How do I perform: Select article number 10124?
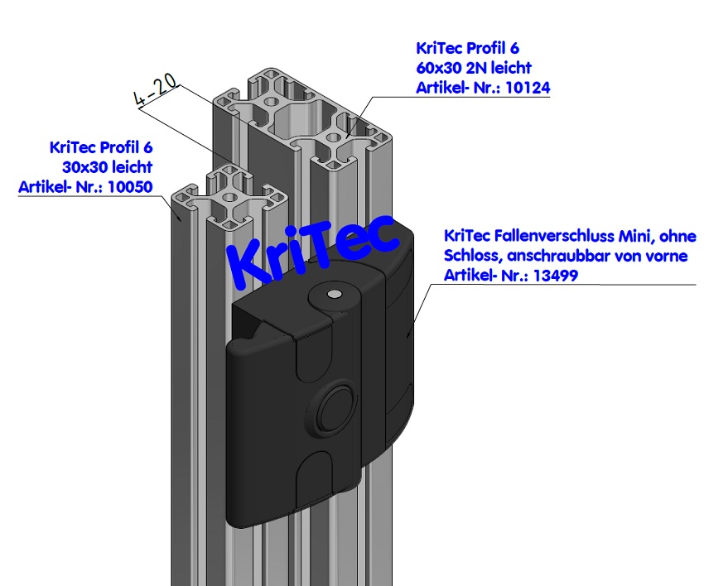(527, 87)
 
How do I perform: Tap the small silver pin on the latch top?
(333, 295)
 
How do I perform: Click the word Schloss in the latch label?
(470, 255)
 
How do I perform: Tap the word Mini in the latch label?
(633, 235)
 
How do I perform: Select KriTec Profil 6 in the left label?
(102, 148)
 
